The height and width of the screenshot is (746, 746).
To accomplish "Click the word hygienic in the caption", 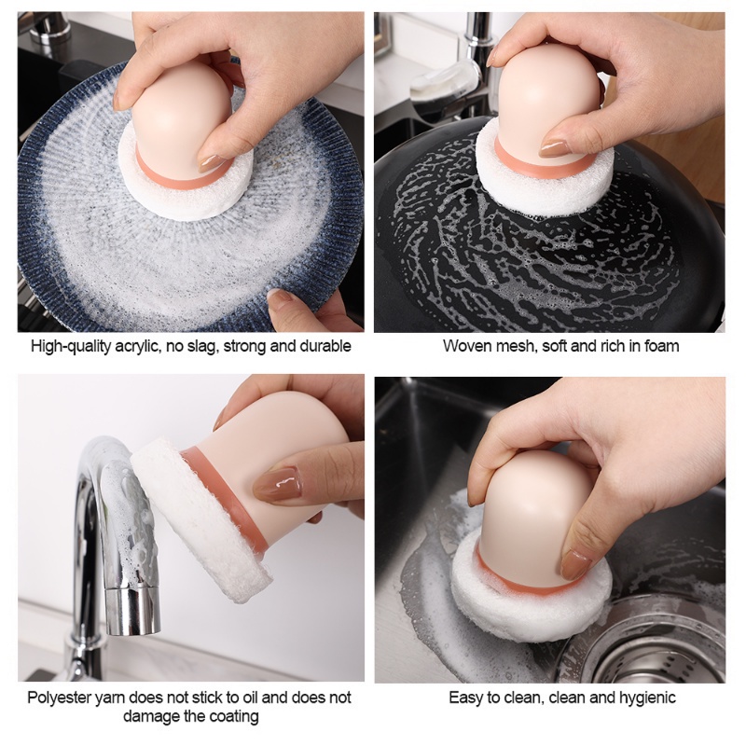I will (644, 698).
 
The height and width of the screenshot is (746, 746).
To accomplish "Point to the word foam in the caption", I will (662, 346).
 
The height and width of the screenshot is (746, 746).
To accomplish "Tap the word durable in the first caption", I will (325, 346).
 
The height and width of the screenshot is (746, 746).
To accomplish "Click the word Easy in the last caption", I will (466, 698).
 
